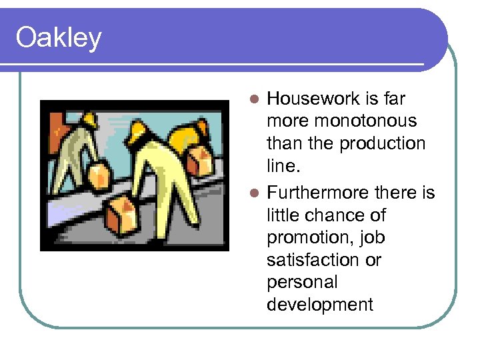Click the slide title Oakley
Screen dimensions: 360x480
point(59,38)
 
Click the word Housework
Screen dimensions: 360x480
point(313,99)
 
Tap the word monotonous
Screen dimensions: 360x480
point(341,121)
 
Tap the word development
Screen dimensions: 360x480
point(320,305)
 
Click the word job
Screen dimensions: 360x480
point(373,238)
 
